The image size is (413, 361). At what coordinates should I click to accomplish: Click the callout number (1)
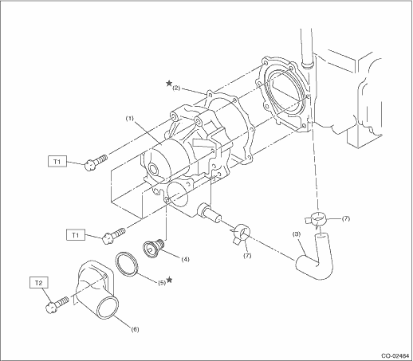coord(129,119)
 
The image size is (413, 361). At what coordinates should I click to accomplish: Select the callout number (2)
coord(176,88)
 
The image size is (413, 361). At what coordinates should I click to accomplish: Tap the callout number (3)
coord(297,234)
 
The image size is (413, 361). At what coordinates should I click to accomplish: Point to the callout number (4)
coord(185,259)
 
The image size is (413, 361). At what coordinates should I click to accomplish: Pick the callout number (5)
coord(162,283)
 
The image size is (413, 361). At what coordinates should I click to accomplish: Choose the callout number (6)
coord(135,329)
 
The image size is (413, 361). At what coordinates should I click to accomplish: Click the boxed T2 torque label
coord(39,283)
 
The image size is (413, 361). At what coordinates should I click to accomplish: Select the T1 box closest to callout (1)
coord(57,162)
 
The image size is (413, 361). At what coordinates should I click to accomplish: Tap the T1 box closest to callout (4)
coord(76,235)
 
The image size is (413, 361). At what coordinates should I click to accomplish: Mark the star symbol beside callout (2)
coord(169,84)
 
